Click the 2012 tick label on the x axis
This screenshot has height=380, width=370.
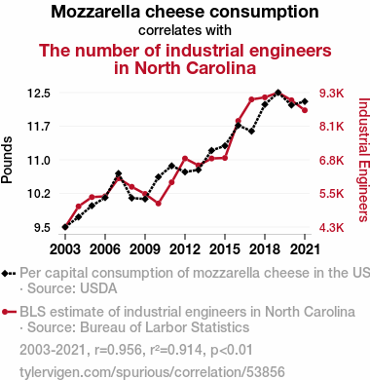(x=185, y=249)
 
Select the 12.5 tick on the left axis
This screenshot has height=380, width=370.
(x=39, y=94)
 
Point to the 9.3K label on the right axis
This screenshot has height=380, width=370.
(x=331, y=94)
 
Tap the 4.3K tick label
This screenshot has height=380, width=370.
(x=331, y=227)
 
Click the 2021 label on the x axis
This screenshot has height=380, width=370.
(x=305, y=249)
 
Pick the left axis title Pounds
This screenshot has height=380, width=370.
(x=7, y=160)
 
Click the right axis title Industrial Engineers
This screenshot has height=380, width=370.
(x=364, y=160)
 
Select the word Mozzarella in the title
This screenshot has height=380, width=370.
(x=95, y=12)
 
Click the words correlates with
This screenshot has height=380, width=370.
(x=185, y=30)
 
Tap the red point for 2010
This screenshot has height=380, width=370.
(x=159, y=204)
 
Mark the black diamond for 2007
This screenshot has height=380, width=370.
(x=119, y=173)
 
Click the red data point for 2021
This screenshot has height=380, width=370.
(x=305, y=110)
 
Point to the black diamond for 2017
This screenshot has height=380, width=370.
(x=251, y=132)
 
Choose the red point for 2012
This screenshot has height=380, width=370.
(x=185, y=159)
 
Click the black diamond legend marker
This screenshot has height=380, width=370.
(x=9, y=274)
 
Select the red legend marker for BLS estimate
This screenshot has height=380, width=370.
(x=9, y=312)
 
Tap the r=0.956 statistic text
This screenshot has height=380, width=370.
(x=119, y=350)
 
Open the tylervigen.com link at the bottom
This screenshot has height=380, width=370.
(x=152, y=372)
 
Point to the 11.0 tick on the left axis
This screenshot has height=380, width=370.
(x=39, y=161)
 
